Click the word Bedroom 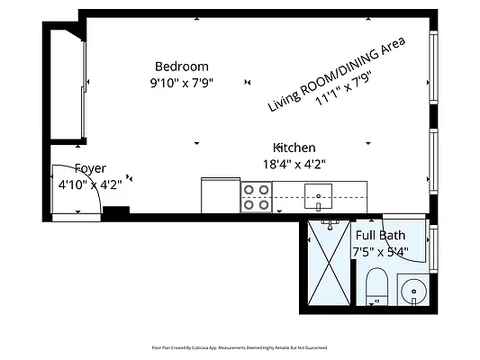(x=181, y=67)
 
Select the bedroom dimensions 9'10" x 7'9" (x=181, y=83)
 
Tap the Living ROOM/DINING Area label (x=335, y=74)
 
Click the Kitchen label (x=294, y=148)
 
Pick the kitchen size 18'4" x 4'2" (x=294, y=164)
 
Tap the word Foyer (x=90, y=168)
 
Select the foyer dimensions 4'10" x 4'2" (x=90, y=184)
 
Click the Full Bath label (x=380, y=236)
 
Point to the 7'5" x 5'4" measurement (x=380, y=252)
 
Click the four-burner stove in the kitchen (x=257, y=196)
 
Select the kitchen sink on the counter (x=318, y=193)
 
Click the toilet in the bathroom (x=376, y=286)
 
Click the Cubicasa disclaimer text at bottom (x=239, y=346)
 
